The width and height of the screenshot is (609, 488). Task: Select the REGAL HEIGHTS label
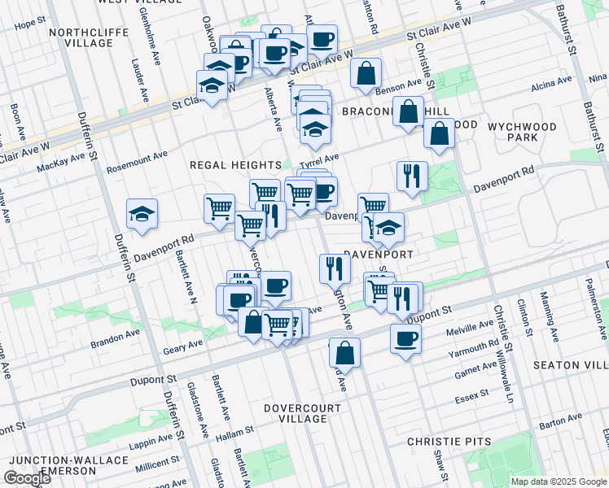[x=235, y=164]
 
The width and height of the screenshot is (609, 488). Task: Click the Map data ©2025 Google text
[x=559, y=481]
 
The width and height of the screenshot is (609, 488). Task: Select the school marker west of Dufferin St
[x=142, y=214]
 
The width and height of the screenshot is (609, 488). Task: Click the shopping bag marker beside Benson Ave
[x=366, y=72]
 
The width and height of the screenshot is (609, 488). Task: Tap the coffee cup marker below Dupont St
[x=405, y=339]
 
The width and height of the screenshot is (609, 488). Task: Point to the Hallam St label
[x=236, y=437]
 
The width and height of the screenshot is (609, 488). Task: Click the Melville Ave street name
[x=465, y=331]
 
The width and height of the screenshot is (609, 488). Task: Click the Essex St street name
[x=472, y=394]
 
